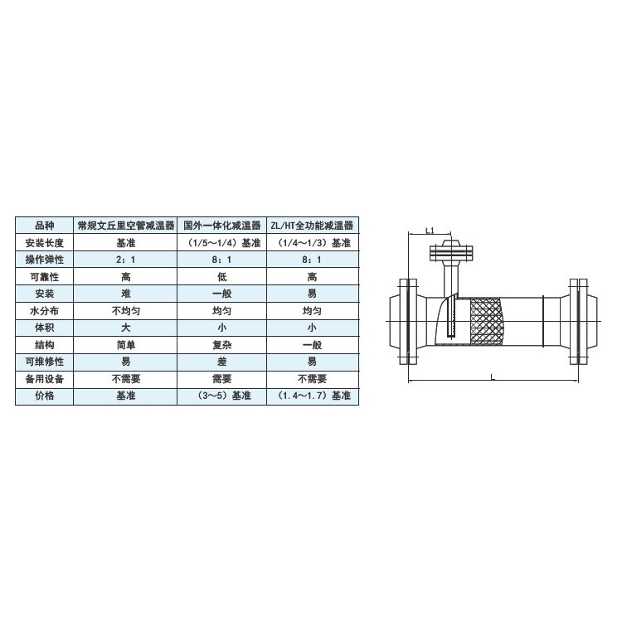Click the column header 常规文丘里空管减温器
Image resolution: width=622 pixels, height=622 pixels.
(x=126, y=226)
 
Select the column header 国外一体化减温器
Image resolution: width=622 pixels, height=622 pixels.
(x=221, y=226)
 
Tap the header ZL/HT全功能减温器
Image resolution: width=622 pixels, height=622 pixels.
(x=312, y=226)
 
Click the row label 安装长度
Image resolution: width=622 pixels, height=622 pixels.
(x=45, y=243)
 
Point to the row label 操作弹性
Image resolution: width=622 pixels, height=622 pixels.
(x=45, y=260)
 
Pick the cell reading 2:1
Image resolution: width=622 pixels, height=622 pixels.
(x=126, y=260)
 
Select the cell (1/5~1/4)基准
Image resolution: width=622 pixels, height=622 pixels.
(x=223, y=243)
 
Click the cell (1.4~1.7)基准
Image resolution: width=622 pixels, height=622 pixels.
(x=313, y=396)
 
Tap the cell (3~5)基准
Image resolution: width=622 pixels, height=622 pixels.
(x=223, y=396)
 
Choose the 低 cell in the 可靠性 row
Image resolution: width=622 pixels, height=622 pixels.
(x=221, y=277)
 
